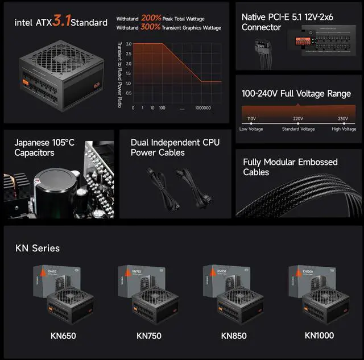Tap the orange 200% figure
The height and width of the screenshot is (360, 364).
tap(151, 18)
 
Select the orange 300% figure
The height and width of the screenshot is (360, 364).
tap(151, 27)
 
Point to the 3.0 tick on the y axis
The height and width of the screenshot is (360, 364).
tap(129, 44)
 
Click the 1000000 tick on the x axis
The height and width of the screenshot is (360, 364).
tap(203, 107)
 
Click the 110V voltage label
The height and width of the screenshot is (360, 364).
tap(251, 119)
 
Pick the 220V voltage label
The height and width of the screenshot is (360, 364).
tap(298, 119)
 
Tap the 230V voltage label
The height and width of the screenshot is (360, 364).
tap(343, 119)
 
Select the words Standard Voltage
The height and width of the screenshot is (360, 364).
tap(298, 129)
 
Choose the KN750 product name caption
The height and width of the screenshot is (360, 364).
tap(149, 336)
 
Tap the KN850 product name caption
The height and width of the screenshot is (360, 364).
tap(234, 336)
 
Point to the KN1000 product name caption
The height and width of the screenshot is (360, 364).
tap(320, 336)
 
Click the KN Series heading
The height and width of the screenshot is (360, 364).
tap(37, 248)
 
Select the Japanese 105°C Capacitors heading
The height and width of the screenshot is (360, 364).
tap(44, 147)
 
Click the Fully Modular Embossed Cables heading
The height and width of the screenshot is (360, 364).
tap(290, 167)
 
